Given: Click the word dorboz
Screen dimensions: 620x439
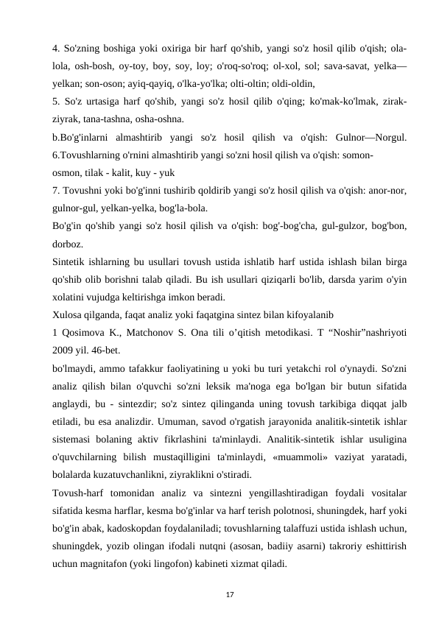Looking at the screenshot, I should pos(68,242).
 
